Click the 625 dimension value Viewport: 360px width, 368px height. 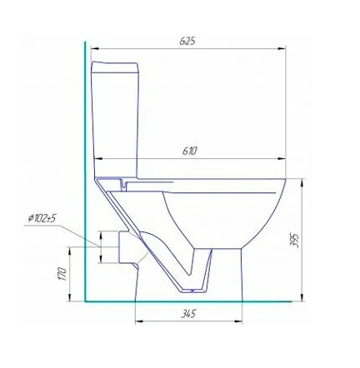coord(187,41)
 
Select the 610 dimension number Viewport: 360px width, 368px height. coord(190,151)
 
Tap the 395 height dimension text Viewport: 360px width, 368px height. coord(294,240)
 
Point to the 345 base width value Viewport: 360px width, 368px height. coord(188,314)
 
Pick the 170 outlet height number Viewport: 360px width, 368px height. coord(62,274)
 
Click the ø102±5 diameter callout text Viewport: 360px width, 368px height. coord(42,218)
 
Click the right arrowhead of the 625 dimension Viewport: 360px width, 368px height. coord(282,49)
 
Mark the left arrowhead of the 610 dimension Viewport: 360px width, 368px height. coord(99,159)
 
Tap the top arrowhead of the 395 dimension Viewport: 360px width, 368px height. coord(302,183)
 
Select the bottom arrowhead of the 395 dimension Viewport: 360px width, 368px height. coord(302,297)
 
